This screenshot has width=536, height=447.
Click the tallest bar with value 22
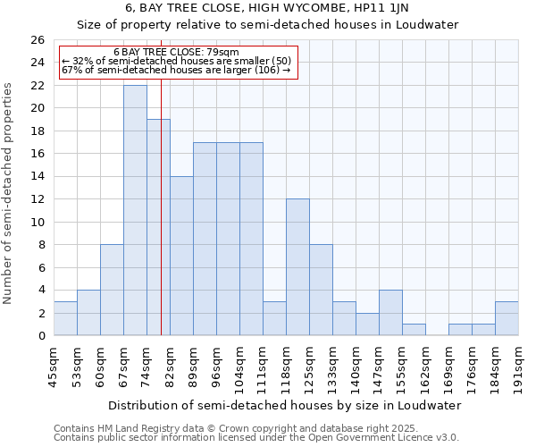(135, 210)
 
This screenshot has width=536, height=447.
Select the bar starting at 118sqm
(297, 267)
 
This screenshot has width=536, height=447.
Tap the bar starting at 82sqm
(181, 256)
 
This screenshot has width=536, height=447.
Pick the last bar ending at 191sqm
(507, 319)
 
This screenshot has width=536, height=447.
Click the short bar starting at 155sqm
(414, 330)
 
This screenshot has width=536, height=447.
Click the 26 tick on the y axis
(38, 40)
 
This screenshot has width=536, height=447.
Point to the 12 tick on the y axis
(38, 199)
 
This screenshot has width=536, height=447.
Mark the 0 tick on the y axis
(41, 336)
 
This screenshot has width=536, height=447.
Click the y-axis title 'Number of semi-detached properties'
(10, 193)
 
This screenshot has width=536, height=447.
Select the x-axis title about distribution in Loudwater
(281, 405)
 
